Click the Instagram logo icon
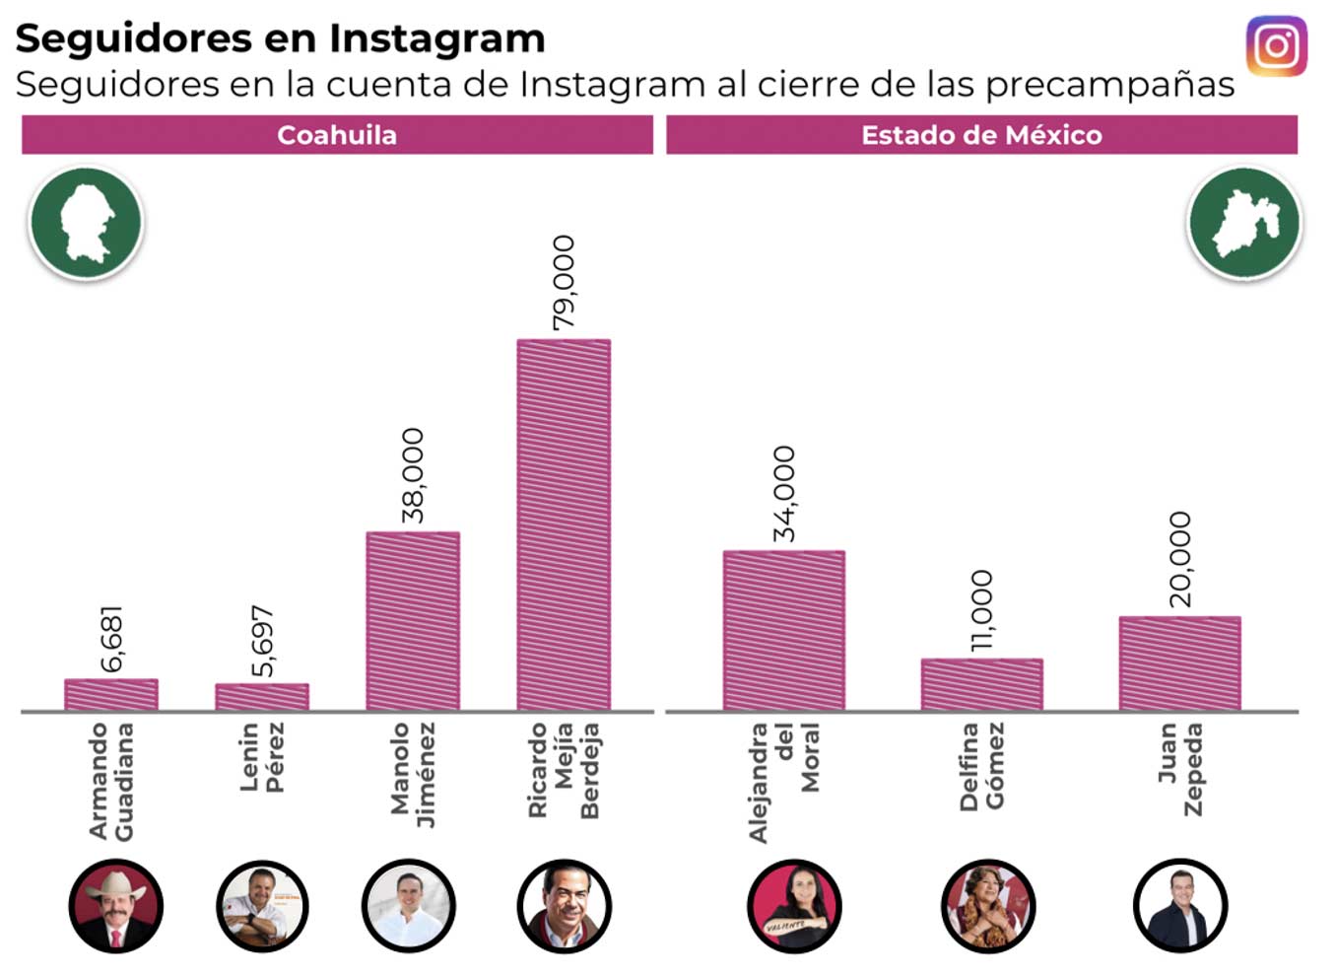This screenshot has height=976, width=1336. [x=1276, y=45]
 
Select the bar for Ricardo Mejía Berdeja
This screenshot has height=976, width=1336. [x=564, y=524]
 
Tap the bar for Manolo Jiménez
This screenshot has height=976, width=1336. [x=413, y=621]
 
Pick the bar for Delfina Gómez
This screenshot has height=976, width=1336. [x=981, y=684]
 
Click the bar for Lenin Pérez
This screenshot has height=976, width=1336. [x=262, y=697]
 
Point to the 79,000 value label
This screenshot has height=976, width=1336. [x=564, y=282]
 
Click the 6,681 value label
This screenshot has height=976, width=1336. [x=112, y=639]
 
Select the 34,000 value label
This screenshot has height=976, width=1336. [x=784, y=493]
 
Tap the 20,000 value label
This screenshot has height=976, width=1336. [x=1179, y=559]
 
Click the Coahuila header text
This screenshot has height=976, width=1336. [x=337, y=135]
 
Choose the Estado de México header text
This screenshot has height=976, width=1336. [x=981, y=135]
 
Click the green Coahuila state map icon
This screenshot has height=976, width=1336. [x=86, y=223]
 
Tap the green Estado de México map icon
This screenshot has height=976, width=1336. [x=1244, y=223]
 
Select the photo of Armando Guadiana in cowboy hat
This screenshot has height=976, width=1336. [x=114, y=905]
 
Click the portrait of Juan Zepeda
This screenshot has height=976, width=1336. [x=1179, y=905]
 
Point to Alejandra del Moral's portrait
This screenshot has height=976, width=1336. [x=794, y=905]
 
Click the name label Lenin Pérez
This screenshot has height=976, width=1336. [x=262, y=757]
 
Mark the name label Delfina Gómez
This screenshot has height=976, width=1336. [x=981, y=766]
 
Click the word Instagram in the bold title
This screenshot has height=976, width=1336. [x=436, y=38]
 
